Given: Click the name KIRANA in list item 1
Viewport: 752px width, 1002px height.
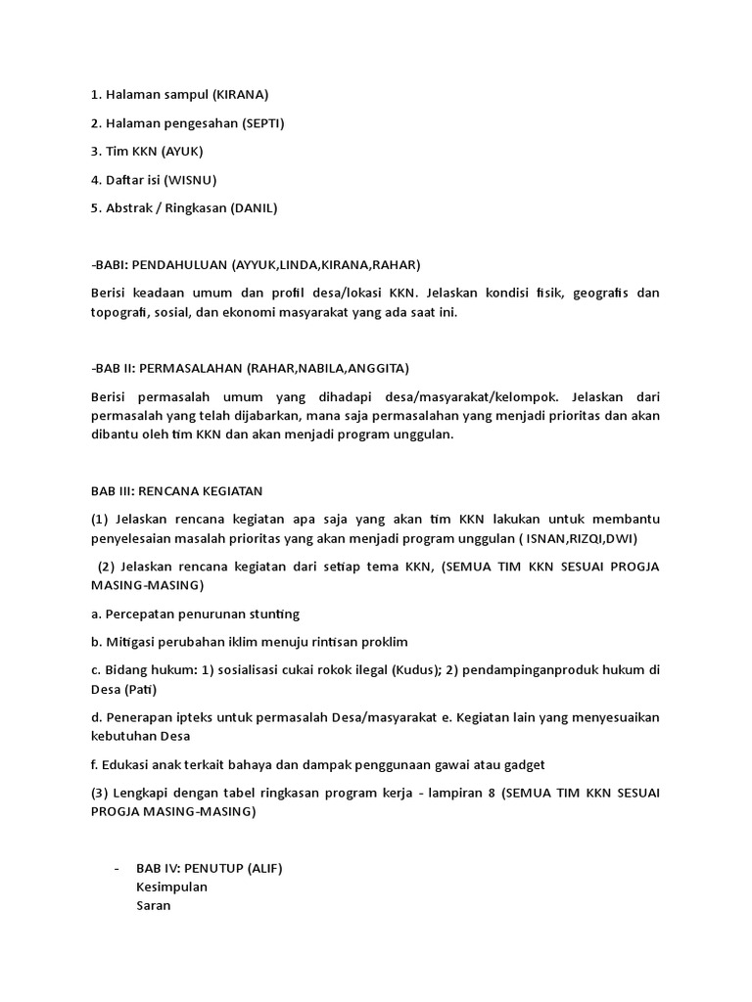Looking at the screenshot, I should coord(240,95).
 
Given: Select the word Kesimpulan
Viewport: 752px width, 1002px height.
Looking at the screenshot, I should coord(172,887).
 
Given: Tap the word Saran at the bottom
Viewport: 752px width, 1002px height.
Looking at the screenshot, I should coord(154,906).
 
